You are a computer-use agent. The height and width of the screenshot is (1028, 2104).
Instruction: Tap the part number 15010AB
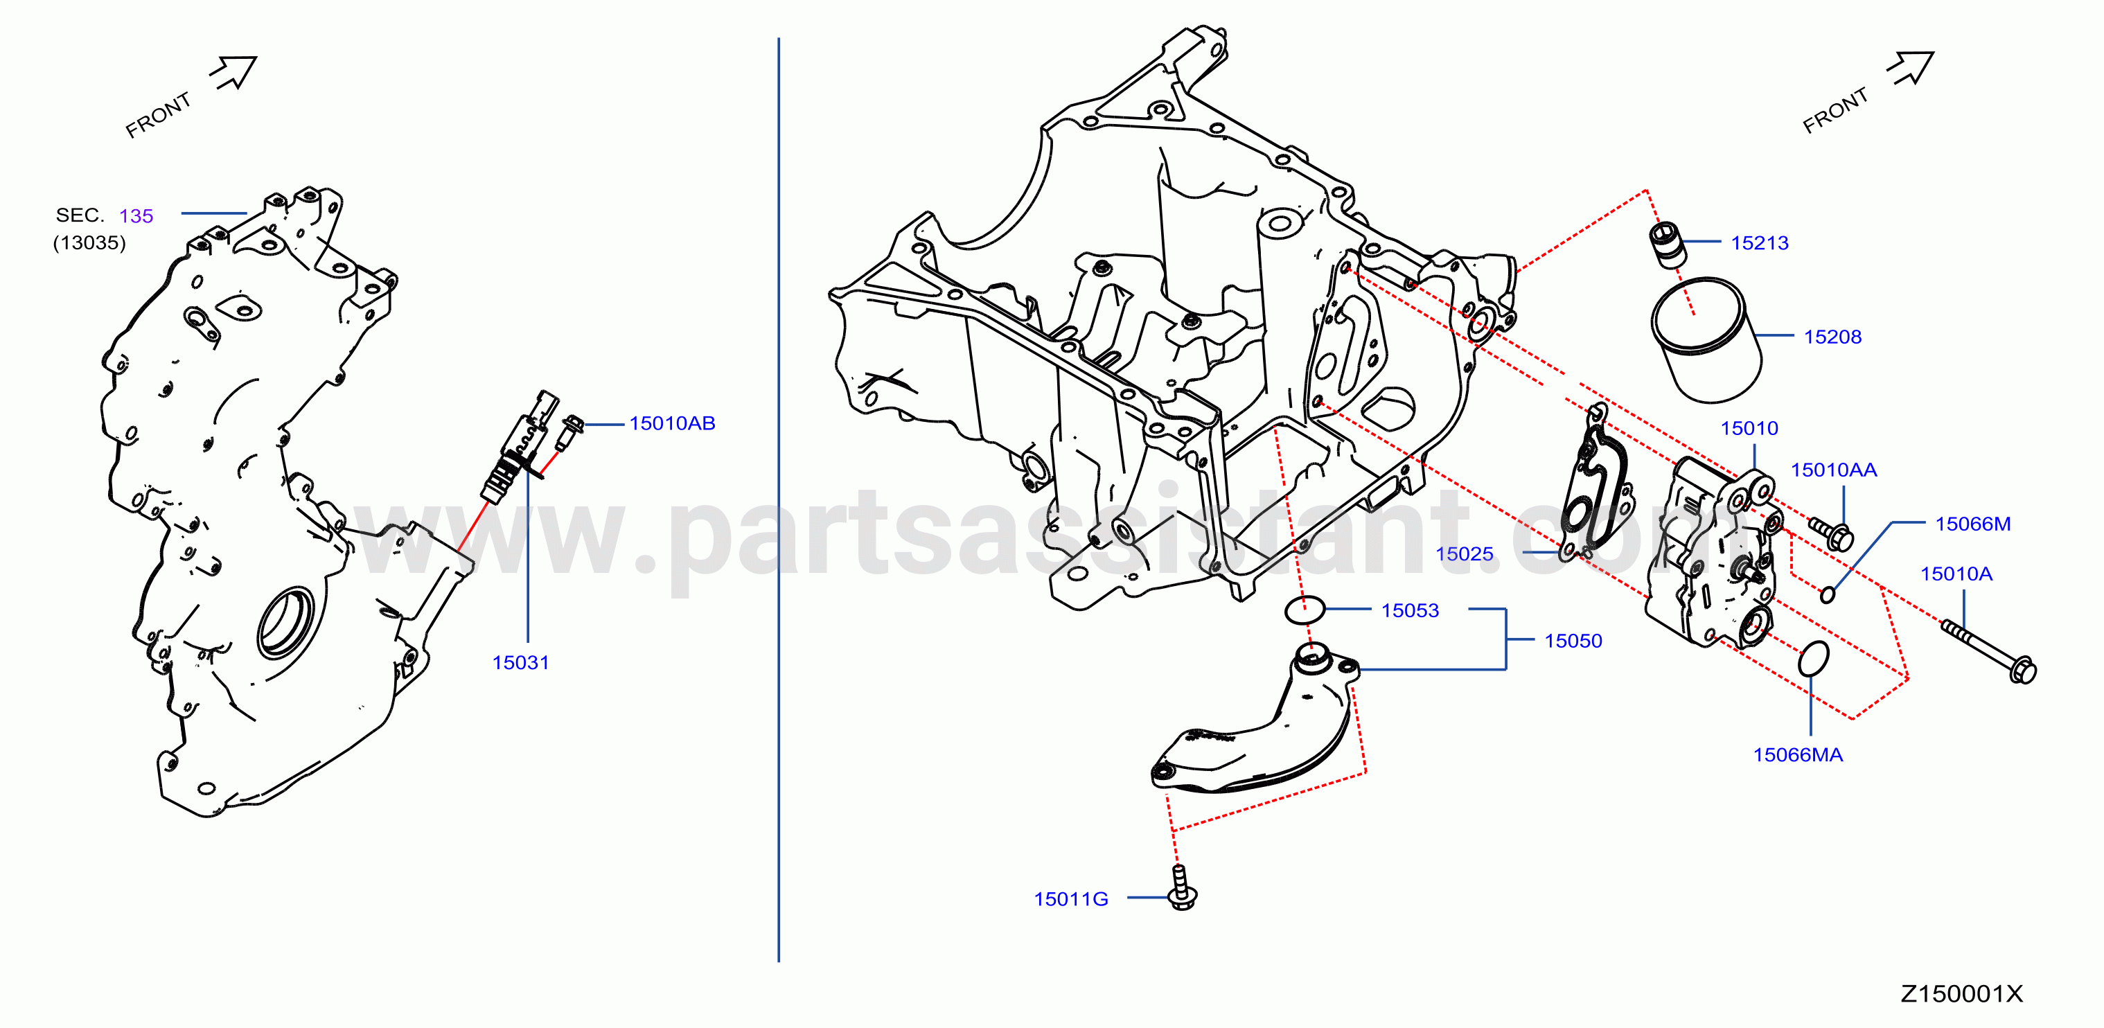[x=672, y=423]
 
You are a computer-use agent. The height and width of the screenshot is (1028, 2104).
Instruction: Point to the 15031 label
[x=520, y=662]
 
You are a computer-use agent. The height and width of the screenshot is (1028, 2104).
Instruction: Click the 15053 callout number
[x=1410, y=610]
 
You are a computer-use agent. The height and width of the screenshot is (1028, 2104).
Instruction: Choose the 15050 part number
[x=1573, y=640]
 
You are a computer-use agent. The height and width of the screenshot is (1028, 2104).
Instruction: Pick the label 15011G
[x=1071, y=899]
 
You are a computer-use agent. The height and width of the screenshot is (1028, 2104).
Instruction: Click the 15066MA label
[x=1798, y=754]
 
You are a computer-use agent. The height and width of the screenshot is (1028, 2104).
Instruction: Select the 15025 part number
[x=1465, y=553]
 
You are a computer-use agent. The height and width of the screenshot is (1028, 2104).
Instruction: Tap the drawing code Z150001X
[x=1961, y=993]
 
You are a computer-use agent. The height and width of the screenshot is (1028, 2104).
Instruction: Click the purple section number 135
[x=136, y=215]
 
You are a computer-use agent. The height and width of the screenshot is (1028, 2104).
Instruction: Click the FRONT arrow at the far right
[x=1911, y=68]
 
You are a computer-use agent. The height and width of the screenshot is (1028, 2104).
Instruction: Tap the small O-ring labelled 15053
[x=1305, y=609]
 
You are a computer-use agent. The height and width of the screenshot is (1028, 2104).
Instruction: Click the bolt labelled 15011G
[x=1181, y=887]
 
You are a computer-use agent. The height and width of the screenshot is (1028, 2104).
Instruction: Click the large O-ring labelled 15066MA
[x=1813, y=658]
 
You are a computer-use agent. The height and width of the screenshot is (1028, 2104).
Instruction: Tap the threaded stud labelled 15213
[x=1666, y=244]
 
